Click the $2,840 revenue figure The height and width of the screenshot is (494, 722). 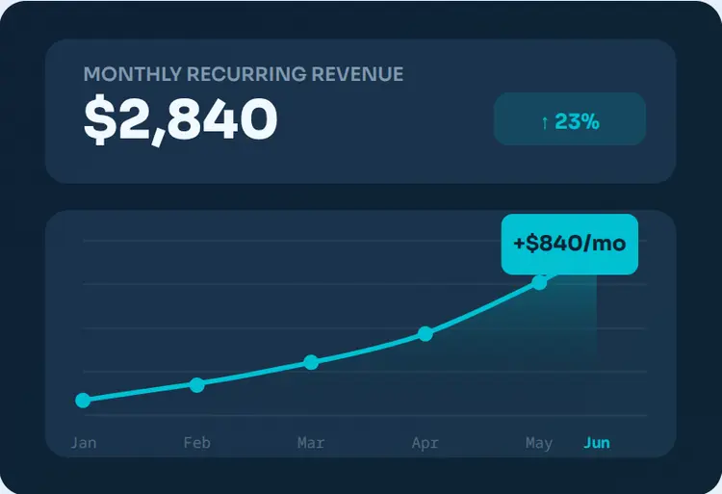181,120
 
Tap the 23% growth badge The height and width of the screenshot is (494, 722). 570,119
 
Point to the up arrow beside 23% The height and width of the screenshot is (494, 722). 545,121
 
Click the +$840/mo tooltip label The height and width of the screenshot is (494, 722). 570,244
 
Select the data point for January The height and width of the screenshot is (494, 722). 83,401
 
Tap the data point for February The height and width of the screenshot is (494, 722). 197,384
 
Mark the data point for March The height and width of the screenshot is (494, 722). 311,362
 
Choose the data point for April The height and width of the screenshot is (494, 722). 425,333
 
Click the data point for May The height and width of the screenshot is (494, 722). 540,282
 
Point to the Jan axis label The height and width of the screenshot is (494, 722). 84,443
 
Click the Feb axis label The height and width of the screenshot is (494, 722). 197,443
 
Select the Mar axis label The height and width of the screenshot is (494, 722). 311,443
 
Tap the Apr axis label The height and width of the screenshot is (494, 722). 425,443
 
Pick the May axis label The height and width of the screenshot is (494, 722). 539,443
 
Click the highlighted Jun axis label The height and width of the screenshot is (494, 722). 597,443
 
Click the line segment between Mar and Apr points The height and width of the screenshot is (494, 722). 368,349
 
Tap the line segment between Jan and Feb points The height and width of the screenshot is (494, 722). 140,393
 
